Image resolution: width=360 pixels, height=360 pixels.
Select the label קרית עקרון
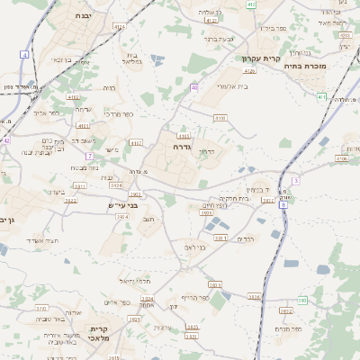(x=261, y=59)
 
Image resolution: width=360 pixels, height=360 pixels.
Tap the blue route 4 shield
(x=24, y=55)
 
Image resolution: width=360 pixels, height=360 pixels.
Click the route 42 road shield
(x=5, y=140)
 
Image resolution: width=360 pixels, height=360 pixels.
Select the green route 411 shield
(x=322, y=96)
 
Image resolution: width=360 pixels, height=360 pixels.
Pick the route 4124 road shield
(x=251, y=70)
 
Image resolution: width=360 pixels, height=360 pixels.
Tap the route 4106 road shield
(x=342, y=158)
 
